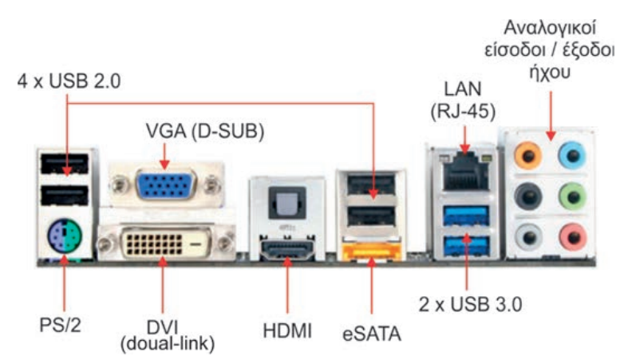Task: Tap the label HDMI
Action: [x=286, y=328]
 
